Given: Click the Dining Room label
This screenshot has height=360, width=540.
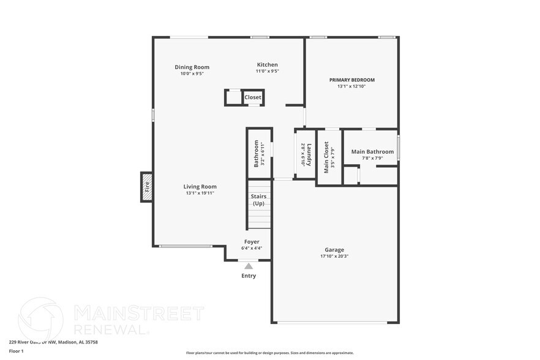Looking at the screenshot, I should click(192, 67).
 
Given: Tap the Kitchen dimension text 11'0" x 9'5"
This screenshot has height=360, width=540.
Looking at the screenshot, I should click(267, 72).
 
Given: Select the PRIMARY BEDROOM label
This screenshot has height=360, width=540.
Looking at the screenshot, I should click(351, 80).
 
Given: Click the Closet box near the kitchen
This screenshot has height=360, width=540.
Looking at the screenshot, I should click(252, 97).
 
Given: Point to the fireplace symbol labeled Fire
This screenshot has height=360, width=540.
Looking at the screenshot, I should click(146, 186).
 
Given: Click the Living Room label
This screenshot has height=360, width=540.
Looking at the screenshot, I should click(200, 187).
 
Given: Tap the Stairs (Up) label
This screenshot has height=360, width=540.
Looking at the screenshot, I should click(258, 200).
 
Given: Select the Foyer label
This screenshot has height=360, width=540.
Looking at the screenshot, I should click(252, 242).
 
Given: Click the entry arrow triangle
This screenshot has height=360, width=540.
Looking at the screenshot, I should click(248, 266).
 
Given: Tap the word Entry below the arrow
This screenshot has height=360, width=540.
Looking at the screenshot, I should click(249, 276).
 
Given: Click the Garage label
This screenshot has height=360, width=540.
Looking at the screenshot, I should click(334, 249).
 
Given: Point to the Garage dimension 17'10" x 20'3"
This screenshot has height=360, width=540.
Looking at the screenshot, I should click(334, 257).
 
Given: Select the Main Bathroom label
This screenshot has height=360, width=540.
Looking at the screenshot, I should click(372, 151).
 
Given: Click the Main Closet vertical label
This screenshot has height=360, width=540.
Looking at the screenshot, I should click(326, 157).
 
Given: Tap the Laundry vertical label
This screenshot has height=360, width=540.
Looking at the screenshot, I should click(310, 156).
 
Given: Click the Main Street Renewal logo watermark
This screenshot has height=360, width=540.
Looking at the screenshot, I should click(110, 318).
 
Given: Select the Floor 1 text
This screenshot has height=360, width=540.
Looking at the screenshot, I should click(16, 351).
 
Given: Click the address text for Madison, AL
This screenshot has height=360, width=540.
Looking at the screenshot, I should click(53, 342).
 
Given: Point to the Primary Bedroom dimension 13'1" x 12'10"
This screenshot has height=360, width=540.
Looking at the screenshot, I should click(351, 86).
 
